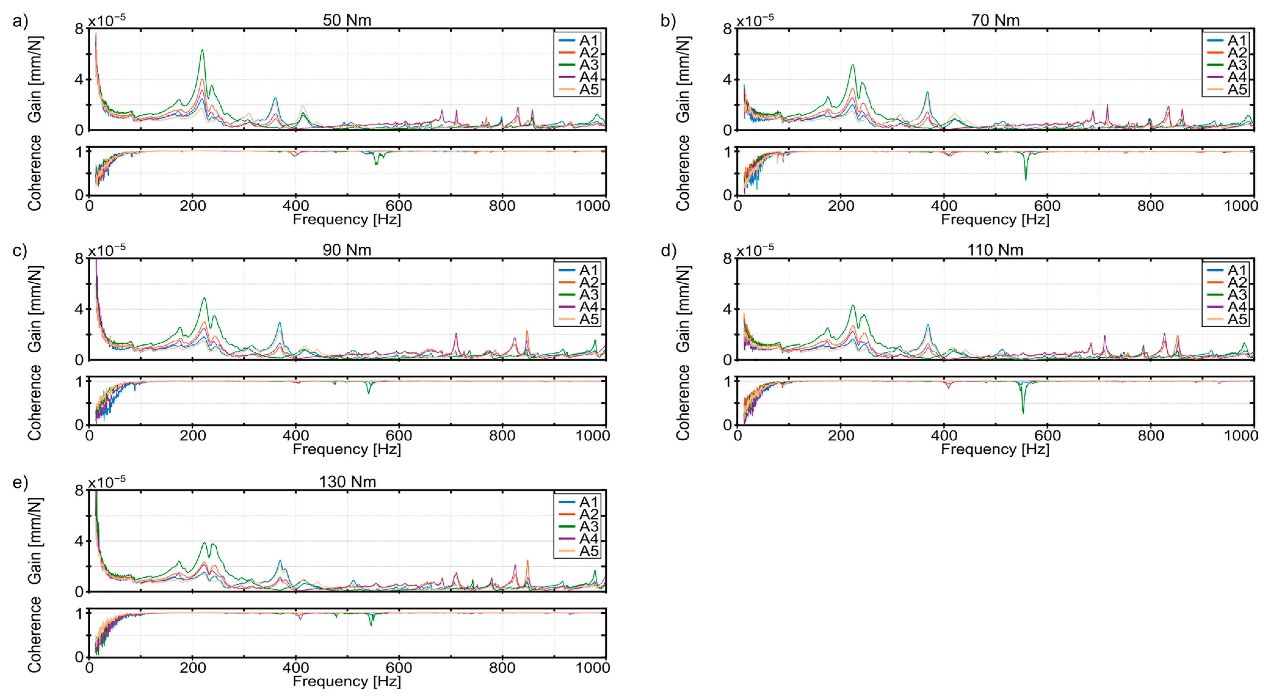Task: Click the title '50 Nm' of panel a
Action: (347, 20)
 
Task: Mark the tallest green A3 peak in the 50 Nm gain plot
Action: (202, 50)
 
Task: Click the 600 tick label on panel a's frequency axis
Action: (399, 206)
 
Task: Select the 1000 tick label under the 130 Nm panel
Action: (593, 668)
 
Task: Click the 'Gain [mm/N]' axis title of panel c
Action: (34, 309)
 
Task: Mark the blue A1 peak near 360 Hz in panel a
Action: (275, 98)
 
